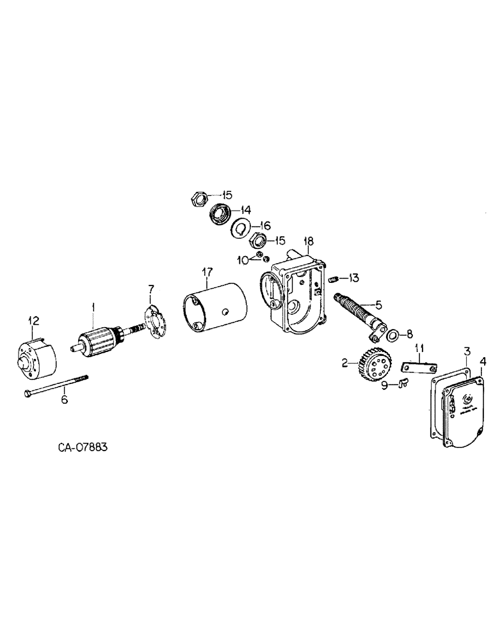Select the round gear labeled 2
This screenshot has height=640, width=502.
click(373, 367)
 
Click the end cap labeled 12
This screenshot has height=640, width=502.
click(36, 358)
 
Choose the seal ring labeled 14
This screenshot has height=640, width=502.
click(220, 213)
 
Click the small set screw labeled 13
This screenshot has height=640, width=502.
click(334, 278)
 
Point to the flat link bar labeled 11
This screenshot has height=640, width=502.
click(418, 369)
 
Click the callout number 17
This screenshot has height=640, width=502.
click(206, 272)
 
